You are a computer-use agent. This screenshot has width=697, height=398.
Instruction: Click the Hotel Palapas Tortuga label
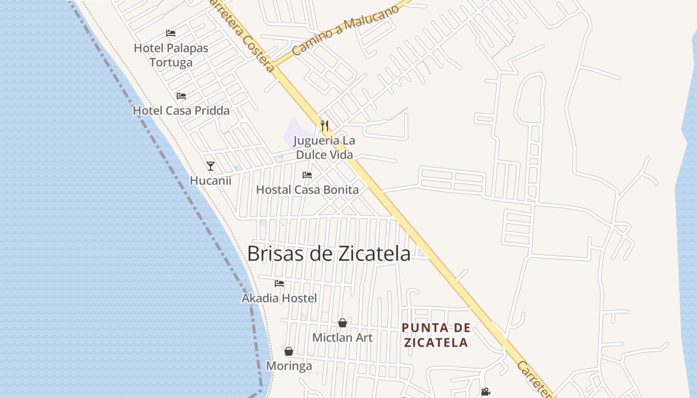point(171,55)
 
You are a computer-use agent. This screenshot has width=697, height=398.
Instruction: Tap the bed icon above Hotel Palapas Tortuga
point(171,33)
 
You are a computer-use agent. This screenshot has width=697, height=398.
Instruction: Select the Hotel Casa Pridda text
point(181,110)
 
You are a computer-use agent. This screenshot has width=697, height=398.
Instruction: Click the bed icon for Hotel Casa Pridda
point(181,96)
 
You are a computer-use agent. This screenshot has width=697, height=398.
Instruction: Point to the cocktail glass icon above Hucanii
point(211,166)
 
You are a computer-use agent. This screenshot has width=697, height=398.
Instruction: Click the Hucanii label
point(211,181)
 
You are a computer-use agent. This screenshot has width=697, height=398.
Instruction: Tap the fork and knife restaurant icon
point(325,125)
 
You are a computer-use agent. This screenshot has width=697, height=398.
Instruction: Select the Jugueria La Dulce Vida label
point(324,148)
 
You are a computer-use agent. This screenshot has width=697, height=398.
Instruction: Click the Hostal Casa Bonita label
point(307,190)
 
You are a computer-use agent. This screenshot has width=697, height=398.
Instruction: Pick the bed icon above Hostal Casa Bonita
point(307,175)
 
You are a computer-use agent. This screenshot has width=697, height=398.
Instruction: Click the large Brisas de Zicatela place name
point(329,254)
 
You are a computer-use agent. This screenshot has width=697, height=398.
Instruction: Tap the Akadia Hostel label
point(279,298)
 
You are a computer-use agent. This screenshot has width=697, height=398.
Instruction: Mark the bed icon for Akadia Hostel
point(279,283)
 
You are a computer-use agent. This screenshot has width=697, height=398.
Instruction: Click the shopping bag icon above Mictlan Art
point(343,323)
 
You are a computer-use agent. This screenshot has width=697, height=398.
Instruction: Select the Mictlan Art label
point(343,337)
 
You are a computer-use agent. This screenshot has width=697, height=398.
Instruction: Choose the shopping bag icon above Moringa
point(289,351)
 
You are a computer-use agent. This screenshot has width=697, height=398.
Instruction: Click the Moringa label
point(289,366)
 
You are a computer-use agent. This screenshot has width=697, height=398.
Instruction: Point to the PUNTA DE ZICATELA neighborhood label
point(436,335)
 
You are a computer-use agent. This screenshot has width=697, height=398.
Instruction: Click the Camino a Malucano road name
point(346,30)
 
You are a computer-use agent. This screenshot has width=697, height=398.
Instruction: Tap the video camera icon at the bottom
point(485,392)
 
